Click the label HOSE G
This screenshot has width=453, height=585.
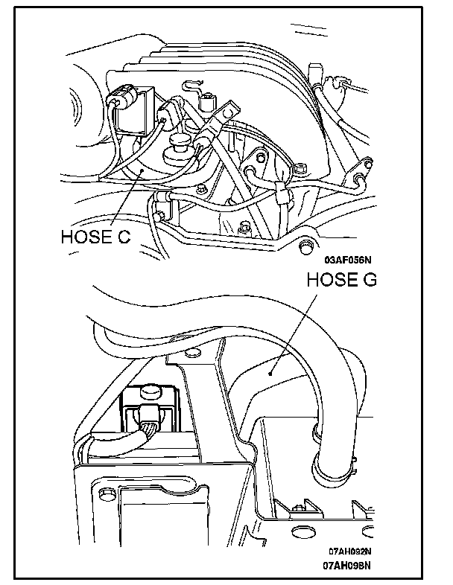tap(342, 281)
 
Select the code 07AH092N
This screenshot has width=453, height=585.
tap(350, 552)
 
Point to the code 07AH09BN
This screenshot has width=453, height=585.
tap(350, 565)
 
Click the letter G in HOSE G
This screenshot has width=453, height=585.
tap(369, 281)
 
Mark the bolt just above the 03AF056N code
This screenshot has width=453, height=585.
tap(305, 245)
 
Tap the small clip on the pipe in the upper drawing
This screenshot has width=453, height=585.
tap(281, 194)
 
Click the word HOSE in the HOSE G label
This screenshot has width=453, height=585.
tap(328, 281)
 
